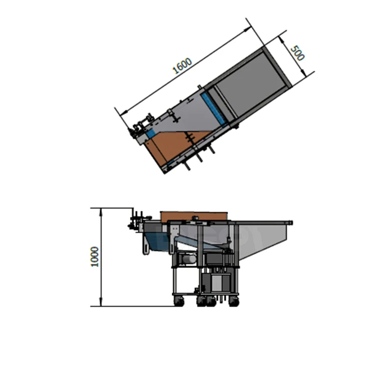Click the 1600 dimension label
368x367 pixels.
tap(182, 65)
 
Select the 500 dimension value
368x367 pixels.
tap(297, 53)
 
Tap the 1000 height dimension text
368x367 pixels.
tap(95, 257)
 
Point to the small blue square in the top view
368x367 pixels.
tap(151, 133)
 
